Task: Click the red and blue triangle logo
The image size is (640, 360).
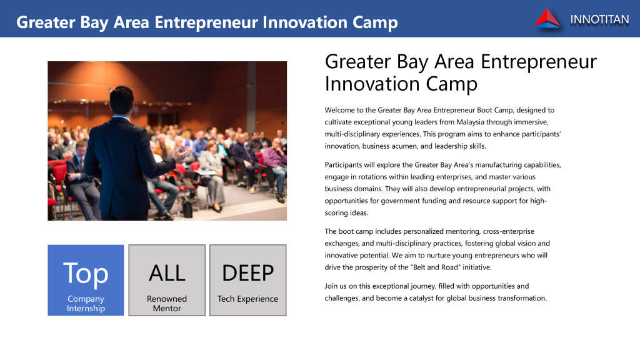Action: (547, 19)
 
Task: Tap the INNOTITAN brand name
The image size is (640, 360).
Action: (599, 19)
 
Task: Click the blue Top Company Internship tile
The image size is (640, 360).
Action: (86, 280)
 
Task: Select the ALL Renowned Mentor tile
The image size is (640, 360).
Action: (167, 280)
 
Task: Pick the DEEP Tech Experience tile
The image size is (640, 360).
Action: (247, 280)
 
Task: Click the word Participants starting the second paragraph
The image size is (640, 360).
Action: (343, 165)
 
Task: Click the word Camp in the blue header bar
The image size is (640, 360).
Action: (375, 23)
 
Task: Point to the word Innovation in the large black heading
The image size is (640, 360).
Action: (372, 84)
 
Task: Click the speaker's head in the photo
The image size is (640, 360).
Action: (122, 100)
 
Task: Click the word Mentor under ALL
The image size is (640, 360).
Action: (167, 309)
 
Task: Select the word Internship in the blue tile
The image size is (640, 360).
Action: (86, 309)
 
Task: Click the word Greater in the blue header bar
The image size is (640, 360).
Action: (46, 22)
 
